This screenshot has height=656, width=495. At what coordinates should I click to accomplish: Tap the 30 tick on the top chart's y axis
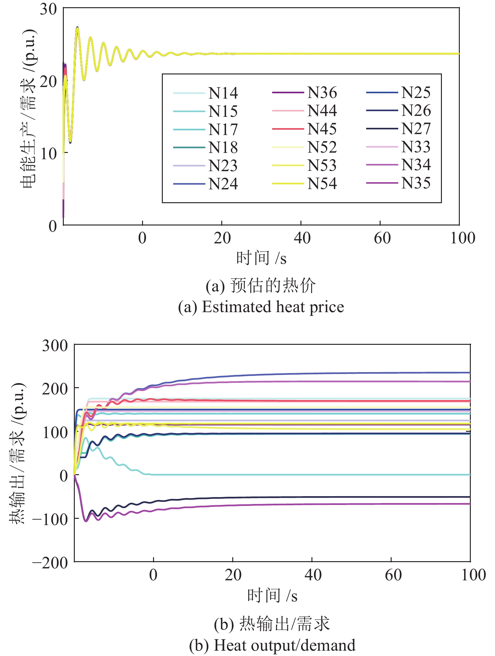point(48,9)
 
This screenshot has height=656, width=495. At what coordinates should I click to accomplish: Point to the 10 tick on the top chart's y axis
point(48,154)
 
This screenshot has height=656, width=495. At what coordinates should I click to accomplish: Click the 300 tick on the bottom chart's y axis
point(55,345)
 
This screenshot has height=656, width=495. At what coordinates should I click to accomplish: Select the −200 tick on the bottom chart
point(50,563)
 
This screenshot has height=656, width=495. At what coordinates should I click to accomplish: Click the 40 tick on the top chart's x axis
point(302,238)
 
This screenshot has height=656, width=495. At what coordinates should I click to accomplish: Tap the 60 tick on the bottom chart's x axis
point(393,575)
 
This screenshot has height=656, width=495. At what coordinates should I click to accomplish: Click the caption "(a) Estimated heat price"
point(261,307)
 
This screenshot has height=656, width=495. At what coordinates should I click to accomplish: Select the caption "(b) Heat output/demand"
point(272,645)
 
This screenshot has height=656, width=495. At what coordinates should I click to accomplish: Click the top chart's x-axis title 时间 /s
point(261,258)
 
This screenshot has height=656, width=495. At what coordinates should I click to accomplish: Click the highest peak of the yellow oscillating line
point(77,28)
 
